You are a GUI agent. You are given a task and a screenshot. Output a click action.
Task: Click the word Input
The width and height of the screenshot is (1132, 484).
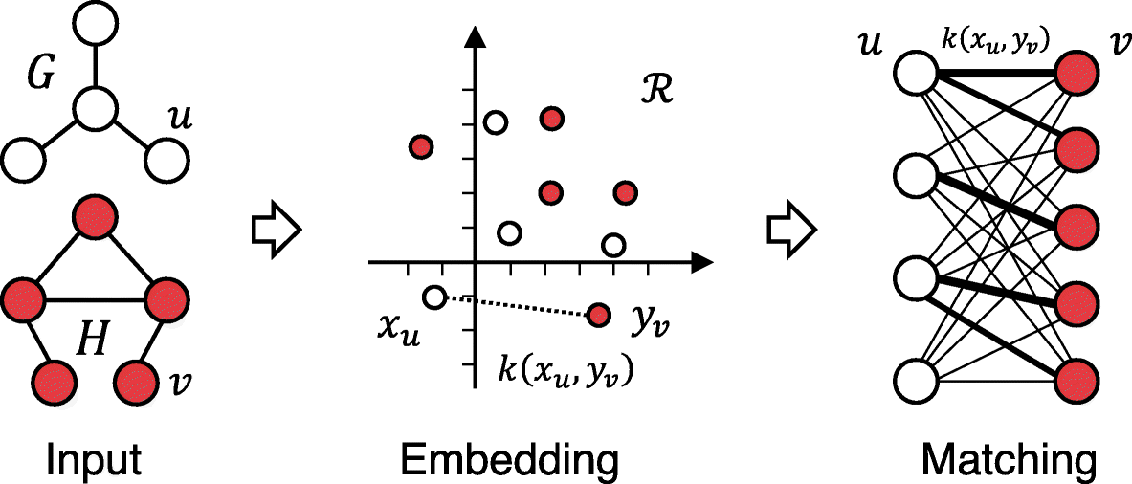[94, 461]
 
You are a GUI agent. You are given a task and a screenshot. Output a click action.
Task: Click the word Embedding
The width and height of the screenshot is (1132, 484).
[509, 461]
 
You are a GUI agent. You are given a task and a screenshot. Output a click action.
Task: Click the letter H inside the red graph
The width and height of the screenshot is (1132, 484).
[94, 338]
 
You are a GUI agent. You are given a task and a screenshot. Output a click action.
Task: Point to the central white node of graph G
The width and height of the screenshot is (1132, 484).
[95, 109]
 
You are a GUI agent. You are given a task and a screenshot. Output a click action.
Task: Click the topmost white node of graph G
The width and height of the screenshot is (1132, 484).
[95, 22]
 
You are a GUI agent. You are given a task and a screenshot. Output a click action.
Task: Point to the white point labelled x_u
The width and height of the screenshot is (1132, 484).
[434, 297]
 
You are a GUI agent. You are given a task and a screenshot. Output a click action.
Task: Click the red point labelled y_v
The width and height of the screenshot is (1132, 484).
[599, 315]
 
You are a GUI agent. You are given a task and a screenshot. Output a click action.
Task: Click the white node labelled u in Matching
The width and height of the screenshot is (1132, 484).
[917, 73]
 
